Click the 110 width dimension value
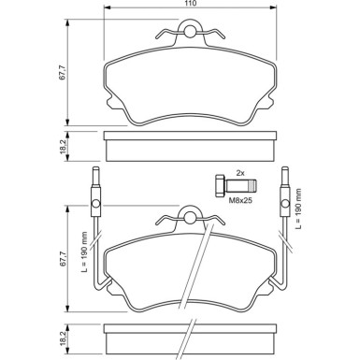(x=190, y=6)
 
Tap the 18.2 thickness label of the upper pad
(x=63, y=146)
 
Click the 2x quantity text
(x=239, y=174)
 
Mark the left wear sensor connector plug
(x=94, y=199)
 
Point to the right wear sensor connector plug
(x=285, y=199)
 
